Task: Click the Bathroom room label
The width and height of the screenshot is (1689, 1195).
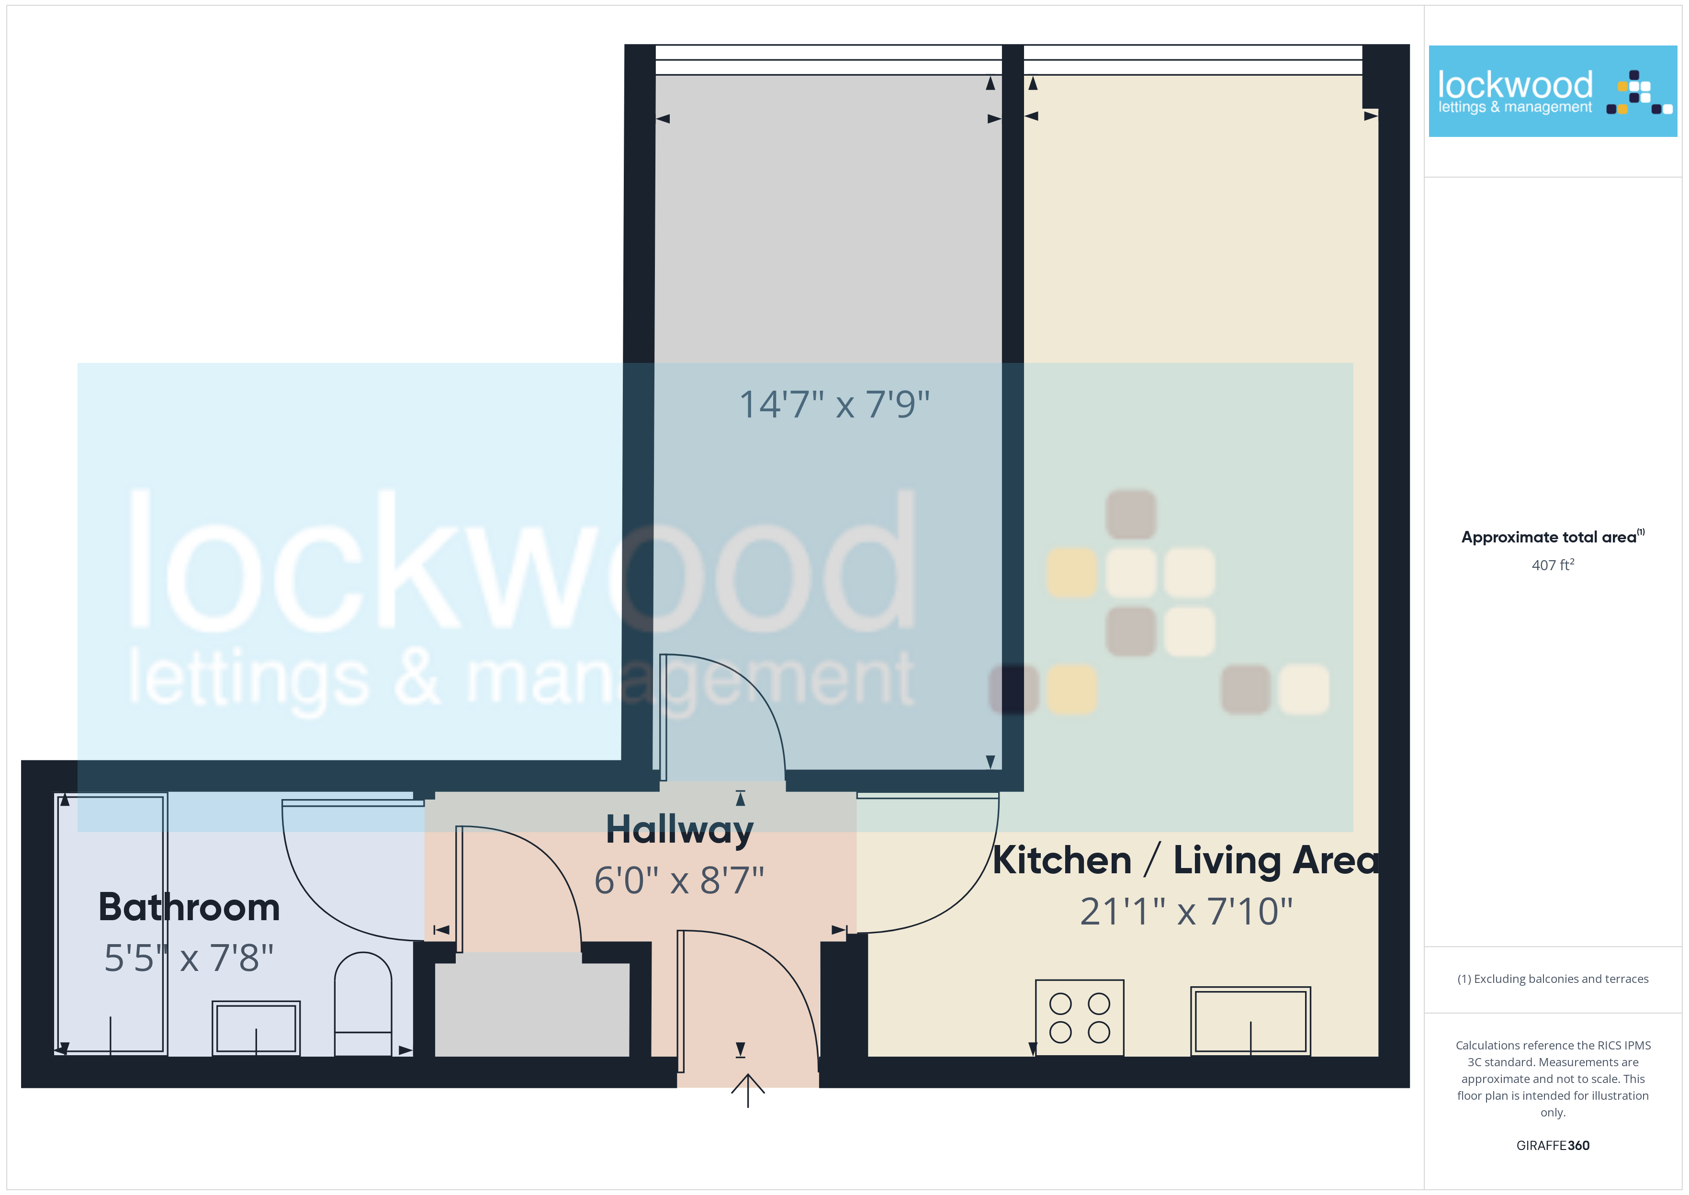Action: (189, 907)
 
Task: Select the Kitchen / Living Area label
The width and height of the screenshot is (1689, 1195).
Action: (1186, 860)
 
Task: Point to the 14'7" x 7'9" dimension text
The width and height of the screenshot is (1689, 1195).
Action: (834, 405)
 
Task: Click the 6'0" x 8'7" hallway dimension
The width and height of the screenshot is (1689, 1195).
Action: (679, 880)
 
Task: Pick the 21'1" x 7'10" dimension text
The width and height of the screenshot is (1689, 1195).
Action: (1186, 912)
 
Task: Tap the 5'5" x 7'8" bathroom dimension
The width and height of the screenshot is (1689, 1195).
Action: (189, 958)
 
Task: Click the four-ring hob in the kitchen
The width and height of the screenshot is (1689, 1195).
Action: (1079, 1018)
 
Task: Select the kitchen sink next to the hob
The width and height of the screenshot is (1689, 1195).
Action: (1250, 1021)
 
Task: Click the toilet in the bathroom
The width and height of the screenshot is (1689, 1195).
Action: (363, 1004)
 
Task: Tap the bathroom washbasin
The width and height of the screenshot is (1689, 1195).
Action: (256, 1028)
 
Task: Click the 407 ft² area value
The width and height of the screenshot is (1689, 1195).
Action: (1552, 565)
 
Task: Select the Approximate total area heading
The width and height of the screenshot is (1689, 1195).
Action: (1552, 536)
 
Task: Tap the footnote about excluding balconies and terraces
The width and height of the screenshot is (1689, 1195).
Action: (1552, 979)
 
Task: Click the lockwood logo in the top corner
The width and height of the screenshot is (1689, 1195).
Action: (1552, 91)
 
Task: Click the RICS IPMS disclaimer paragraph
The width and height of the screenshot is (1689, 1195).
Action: (1552, 1079)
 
